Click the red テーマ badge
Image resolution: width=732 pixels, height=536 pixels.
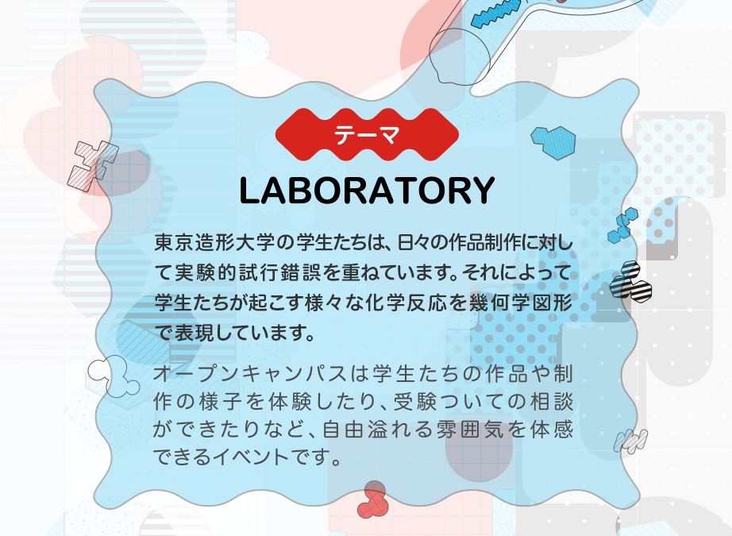367,134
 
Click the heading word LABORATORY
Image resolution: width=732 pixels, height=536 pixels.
367,191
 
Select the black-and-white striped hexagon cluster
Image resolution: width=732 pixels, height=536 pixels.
630,282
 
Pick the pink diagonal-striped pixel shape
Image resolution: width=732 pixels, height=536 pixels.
92,166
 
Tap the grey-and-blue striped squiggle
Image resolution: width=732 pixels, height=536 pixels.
630,442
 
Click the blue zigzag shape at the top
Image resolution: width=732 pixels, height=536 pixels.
496,13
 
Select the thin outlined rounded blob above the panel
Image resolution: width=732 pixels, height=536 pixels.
460,56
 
